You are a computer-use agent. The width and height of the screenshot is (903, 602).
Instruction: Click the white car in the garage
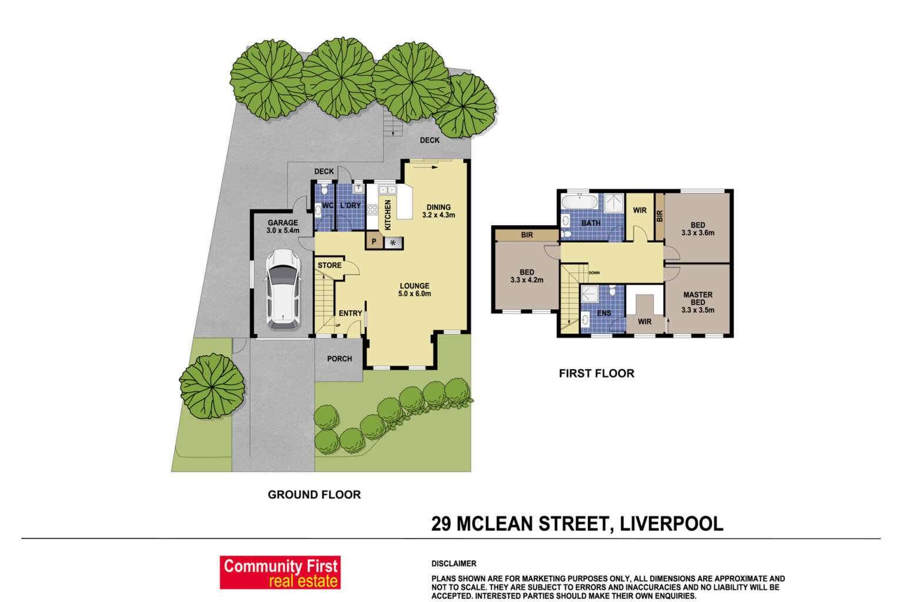click(283, 289)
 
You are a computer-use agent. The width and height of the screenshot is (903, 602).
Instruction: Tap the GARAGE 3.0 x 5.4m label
click(283, 226)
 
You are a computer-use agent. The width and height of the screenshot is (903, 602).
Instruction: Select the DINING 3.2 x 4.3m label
click(439, 211)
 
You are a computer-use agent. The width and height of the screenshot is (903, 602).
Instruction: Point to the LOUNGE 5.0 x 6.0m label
click(414, 290)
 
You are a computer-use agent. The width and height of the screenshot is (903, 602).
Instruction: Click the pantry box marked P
click(374, 242)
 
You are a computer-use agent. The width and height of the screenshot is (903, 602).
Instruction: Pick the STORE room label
click(329, 265)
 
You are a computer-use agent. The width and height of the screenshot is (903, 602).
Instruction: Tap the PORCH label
click(339, 359)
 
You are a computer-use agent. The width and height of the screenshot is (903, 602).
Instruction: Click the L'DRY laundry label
click(350, 206)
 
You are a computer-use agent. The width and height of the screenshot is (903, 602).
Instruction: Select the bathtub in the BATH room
click(580, 202)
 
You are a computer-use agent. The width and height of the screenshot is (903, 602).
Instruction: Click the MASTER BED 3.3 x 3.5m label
click(698, 302)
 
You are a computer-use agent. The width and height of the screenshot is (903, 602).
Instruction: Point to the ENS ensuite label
click(604, 313)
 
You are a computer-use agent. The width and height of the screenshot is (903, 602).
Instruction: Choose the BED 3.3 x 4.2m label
click(527, 276)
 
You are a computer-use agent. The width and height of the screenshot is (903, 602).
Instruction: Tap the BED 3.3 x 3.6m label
click(698, 229)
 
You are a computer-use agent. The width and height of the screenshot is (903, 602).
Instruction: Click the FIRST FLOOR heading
click(597, 373)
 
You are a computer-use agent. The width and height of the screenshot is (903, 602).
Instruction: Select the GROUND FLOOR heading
click(314, 495)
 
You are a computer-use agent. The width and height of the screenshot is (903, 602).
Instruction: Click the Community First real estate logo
click(280, 573)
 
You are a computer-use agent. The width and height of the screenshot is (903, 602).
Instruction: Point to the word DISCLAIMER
click(454, 564)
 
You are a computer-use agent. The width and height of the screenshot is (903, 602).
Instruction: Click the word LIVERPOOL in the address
click(671, 524)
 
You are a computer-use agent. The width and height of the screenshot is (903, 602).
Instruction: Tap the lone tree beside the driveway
click(212, 386)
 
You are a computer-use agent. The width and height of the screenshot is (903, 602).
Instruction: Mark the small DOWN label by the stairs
click(594, 273)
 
